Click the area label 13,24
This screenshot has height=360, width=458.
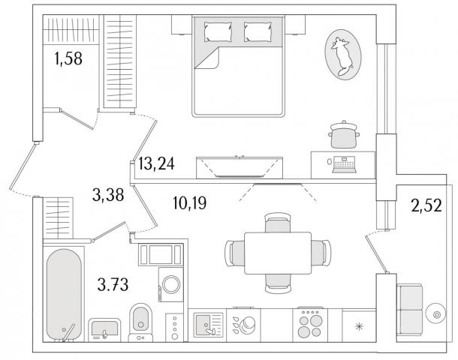click(156, 163)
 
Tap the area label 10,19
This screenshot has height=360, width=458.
click(189, 202)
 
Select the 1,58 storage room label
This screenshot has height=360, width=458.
click(68, 58)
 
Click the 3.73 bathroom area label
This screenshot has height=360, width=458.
click(113, 285)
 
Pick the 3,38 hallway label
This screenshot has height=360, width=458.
click(108, 194)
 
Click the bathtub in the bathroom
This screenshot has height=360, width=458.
click(64, 295)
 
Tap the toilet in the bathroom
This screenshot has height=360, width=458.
click(140, 322)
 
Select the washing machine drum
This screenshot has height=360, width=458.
click(171, 284)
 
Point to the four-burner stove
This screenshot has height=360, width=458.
click(310, 324)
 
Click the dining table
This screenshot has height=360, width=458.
click(278, 253)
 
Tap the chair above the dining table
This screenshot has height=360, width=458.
click(278, 222)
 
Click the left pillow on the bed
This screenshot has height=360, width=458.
click(218, 31)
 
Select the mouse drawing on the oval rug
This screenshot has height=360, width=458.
click(342, 55)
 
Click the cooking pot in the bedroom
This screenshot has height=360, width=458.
click(344, 134)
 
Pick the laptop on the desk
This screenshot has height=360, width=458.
click(344, 164)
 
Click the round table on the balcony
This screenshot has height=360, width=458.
click(435, 314)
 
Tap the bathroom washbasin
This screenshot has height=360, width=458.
click(104, 330)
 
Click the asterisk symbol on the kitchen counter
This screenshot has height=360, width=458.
click(359, 326)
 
